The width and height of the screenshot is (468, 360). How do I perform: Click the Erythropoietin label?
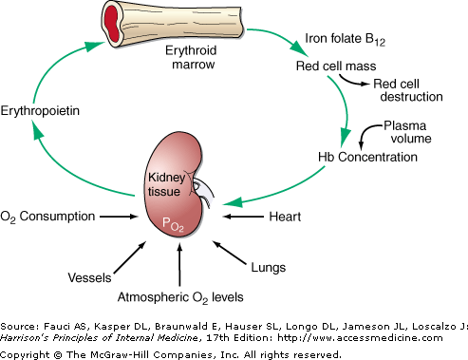tap(40, 111)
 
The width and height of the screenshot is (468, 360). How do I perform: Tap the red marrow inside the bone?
tap(112, 23)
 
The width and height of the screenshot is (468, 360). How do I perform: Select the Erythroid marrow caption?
tap(192, 57)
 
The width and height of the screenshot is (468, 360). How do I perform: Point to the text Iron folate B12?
tap(345, 39)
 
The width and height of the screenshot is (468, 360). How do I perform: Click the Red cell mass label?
tap(336, 66)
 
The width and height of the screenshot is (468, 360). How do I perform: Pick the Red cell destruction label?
tap(408, 90)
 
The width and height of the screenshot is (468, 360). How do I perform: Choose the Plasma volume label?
tap(407, 132)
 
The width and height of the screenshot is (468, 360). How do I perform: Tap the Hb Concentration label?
tap(367, 157)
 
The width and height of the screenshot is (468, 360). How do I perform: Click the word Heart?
tap(285, 217)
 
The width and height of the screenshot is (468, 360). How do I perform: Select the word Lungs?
tap(269, 268)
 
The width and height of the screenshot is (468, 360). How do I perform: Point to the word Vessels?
tap(89, 277)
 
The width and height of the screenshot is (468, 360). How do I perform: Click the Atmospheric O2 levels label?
tap(180, 297)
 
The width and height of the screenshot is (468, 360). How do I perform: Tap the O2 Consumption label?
tap(47, 217)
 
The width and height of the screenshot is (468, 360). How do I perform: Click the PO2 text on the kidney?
tap(173, 224)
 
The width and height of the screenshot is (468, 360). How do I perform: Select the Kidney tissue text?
tap(167, 184)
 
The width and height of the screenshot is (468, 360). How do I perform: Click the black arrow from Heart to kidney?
tap(243, 217)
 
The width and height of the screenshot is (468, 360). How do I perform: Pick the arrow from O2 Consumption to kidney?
tap(119, 217)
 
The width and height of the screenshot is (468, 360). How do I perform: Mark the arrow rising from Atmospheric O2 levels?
tap(179, 265)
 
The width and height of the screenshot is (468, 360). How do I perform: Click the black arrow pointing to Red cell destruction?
tap(353, 81)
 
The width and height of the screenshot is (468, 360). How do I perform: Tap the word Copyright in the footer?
tap(25, 354)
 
